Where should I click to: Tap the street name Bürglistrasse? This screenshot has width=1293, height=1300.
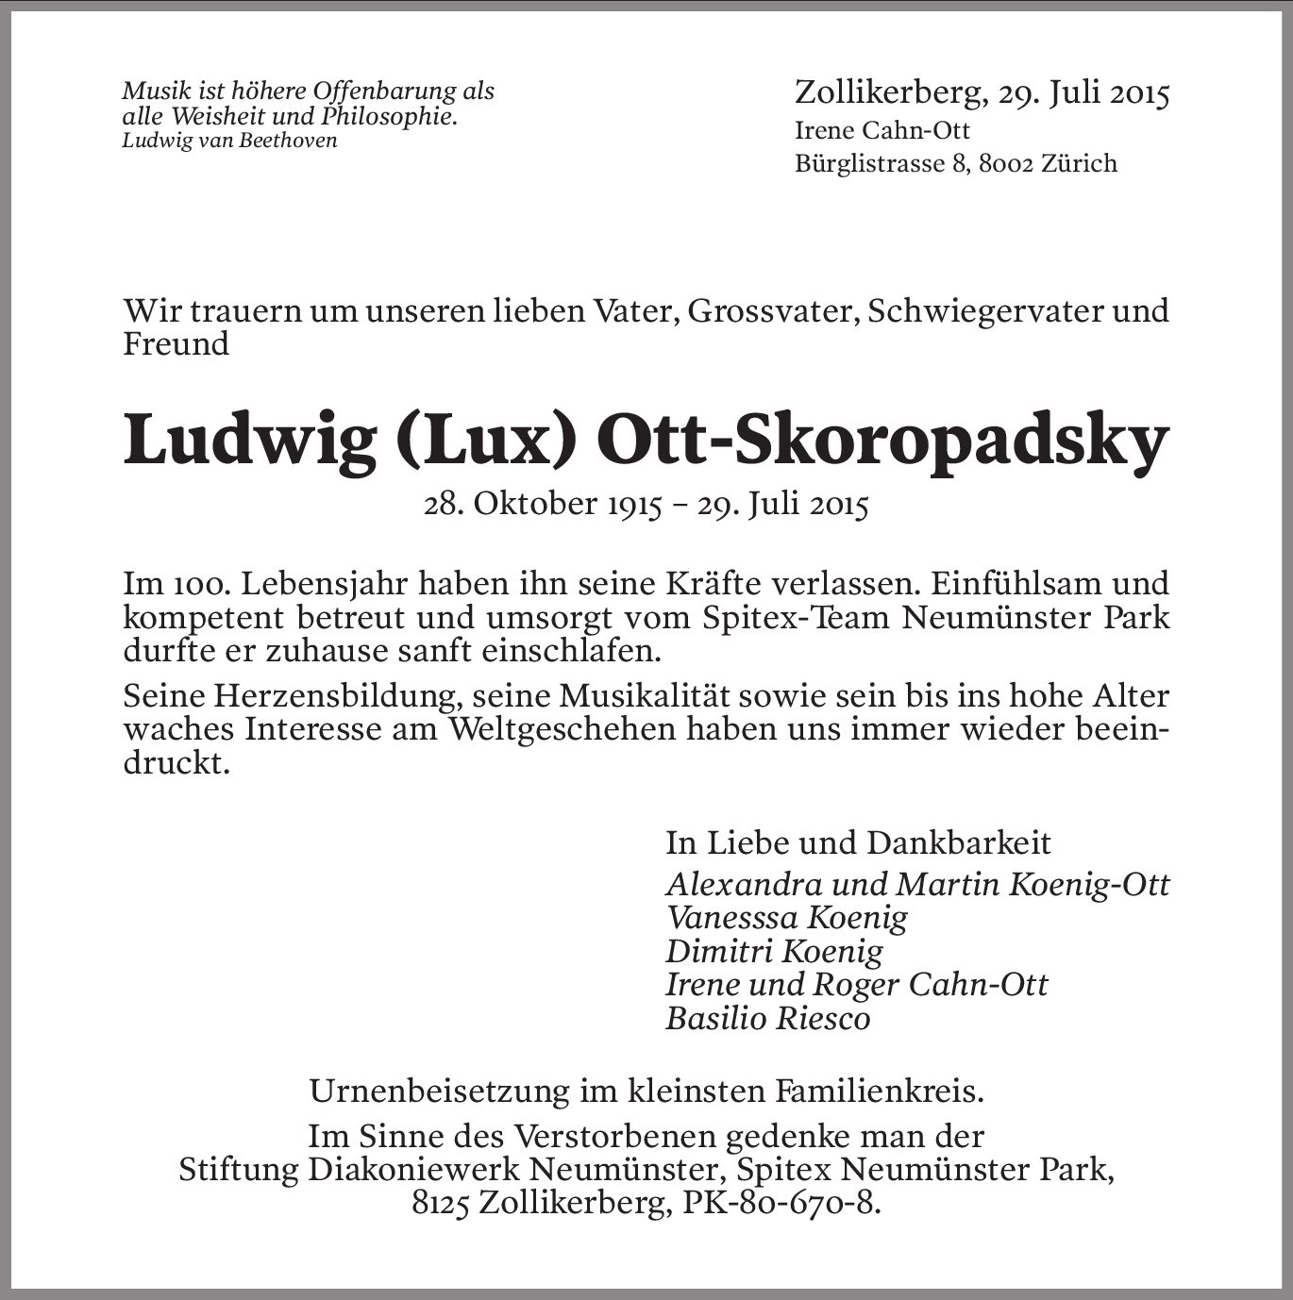[869, 163]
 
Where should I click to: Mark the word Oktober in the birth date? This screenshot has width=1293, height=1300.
[529, 505]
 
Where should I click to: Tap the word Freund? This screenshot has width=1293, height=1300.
[176, 343]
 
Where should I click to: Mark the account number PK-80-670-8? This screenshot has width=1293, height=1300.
[768, 1204]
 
